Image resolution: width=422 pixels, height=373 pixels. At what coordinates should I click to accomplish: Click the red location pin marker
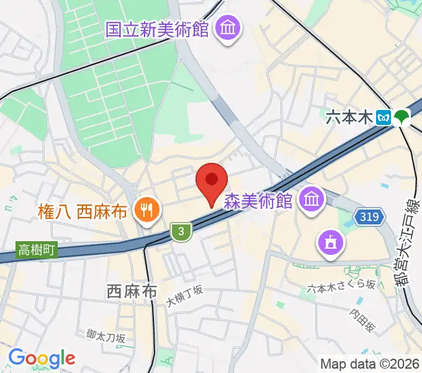[211, 182]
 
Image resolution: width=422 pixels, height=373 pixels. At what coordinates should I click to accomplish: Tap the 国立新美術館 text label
[157, 29]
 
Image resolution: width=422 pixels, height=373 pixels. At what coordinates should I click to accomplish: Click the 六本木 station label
[351, 117]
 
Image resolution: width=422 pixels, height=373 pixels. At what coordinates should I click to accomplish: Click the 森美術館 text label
[259, 201]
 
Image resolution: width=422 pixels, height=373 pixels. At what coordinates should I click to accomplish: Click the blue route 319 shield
[366, 216]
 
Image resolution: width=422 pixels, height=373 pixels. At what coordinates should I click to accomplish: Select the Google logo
[41, 358]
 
